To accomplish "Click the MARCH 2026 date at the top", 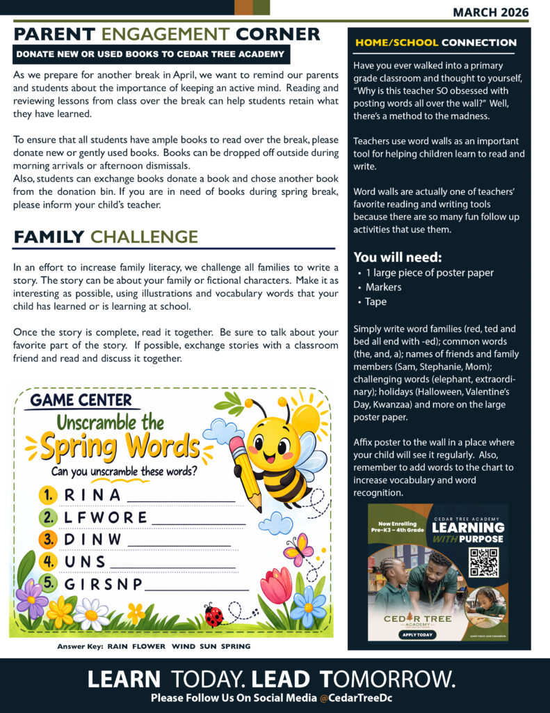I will pyautogui.click(x=490, y=12).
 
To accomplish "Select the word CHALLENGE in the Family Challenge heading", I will pyautogui.click(x=145, y=237).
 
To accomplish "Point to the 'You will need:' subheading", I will pyautogui.click(x=398, y=256).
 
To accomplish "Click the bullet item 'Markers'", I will pyautogui.click(x=383, y=287).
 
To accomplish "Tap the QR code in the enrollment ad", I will pyautogui.click(x=483, y=562).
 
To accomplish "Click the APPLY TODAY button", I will pyautogui.click(x=417, y=634).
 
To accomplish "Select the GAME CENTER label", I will pyautogui.click(x=81, y=400).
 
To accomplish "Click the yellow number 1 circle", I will pyautogui.click(x=48, y=495).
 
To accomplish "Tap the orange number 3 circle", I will pyautogui.click(x=48, y=539).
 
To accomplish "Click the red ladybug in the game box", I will pyautogui.click(x=213, y=616).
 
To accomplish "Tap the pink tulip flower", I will pyautogui.click(x=276, y=586).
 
